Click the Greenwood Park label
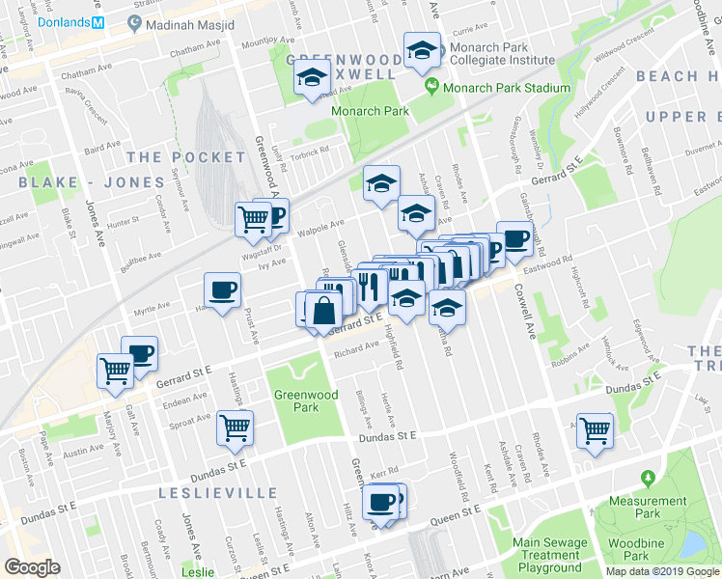[305, 400]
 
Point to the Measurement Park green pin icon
[647, 479]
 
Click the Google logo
[32, 567]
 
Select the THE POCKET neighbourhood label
[185, 156]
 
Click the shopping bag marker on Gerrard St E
[325, 310]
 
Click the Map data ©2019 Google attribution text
[662, 570]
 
